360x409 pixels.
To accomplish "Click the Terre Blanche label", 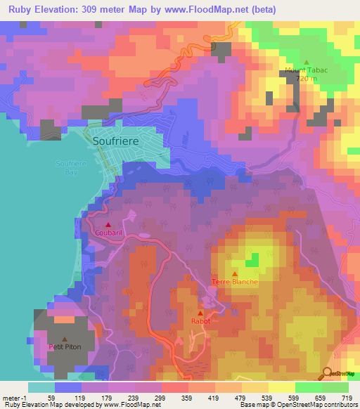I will point(235,282).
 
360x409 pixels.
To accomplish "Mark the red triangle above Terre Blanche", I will point(235,273).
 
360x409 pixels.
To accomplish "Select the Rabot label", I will point(200,320).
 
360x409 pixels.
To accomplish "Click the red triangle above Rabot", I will point(200,312).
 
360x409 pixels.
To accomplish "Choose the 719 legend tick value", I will point(347,398).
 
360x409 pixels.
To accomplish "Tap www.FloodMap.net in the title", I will point(213,9).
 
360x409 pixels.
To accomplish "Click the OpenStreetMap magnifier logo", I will point(327,372).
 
